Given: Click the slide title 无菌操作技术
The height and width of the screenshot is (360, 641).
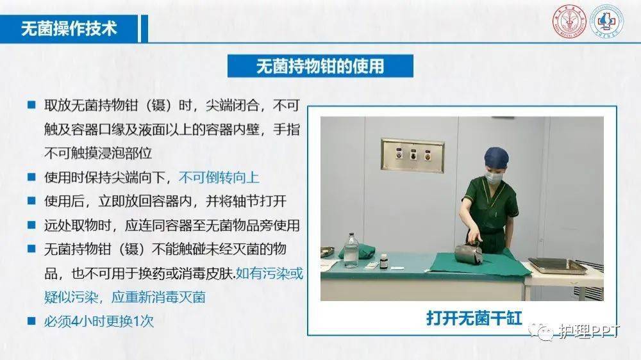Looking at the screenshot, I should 69,29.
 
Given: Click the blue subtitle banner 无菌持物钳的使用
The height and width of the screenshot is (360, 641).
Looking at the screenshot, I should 320,66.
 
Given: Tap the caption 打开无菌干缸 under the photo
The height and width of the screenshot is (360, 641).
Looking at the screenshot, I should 474,317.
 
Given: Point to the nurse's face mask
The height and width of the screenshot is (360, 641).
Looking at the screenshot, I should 494,177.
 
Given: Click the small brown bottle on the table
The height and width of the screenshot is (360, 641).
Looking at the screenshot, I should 383,261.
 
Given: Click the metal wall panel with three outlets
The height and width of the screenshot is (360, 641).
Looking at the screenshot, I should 412,155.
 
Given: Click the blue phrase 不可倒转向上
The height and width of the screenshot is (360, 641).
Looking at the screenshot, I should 219,177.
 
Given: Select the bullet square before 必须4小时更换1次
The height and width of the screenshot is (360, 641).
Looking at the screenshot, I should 31,320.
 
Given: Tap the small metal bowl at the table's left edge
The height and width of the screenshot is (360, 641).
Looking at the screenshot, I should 327,251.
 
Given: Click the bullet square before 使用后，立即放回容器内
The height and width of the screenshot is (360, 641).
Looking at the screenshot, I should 31,201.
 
